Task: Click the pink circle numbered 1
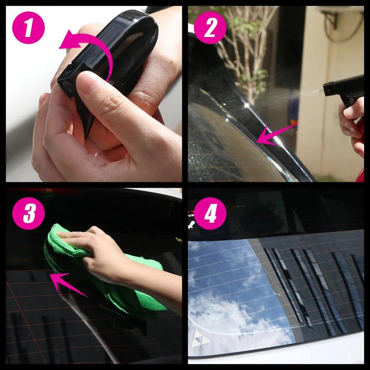(29, 27)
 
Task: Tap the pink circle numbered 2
(210, 27)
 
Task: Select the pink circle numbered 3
(29, 214)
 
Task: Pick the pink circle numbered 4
(210, 214)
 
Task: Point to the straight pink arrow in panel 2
(276, 135)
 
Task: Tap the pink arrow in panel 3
(67, 284)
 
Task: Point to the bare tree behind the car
(245, 52)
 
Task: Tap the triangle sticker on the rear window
(200, 339)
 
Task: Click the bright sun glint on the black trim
(247, 105)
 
